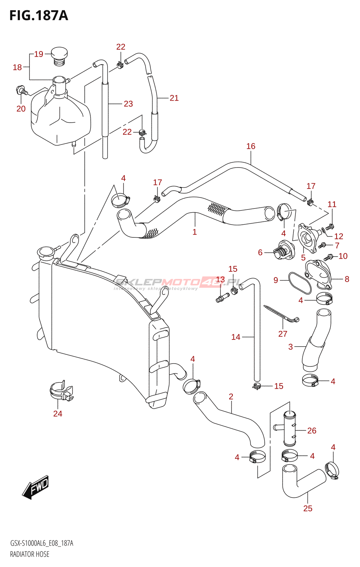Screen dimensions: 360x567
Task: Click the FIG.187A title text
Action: click(x=39, y=16)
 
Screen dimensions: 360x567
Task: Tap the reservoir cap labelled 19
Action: click(x=59, y=56)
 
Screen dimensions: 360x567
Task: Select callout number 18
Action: click(x=17, y=67)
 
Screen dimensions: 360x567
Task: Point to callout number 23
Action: click(x=128, y=104)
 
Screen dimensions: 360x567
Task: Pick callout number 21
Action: click(x=174, y=98)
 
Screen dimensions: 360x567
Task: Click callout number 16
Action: click(x=251, y=146)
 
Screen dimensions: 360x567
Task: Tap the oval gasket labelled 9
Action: click(x=300, y=283)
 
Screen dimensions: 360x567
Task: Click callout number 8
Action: click(x=347, y=279)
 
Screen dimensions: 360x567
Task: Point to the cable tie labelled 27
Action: click(x=281, y=314)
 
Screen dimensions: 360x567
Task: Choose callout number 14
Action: click(x=236, y=337)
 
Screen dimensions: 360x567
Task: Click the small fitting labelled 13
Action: click(x=222, y=298)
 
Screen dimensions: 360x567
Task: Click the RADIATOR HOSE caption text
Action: click(x=30, y=554)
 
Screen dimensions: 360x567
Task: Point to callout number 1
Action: click(x=195, y=232)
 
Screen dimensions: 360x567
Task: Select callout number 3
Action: click(x=291, y=347)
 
